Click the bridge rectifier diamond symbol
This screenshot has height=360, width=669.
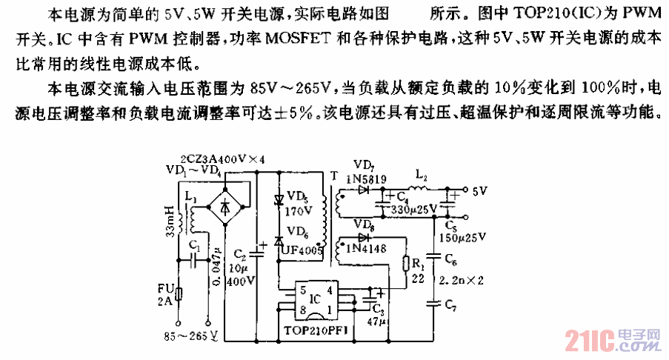coord(226,208)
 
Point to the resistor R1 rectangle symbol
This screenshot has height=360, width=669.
coord(407,264)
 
